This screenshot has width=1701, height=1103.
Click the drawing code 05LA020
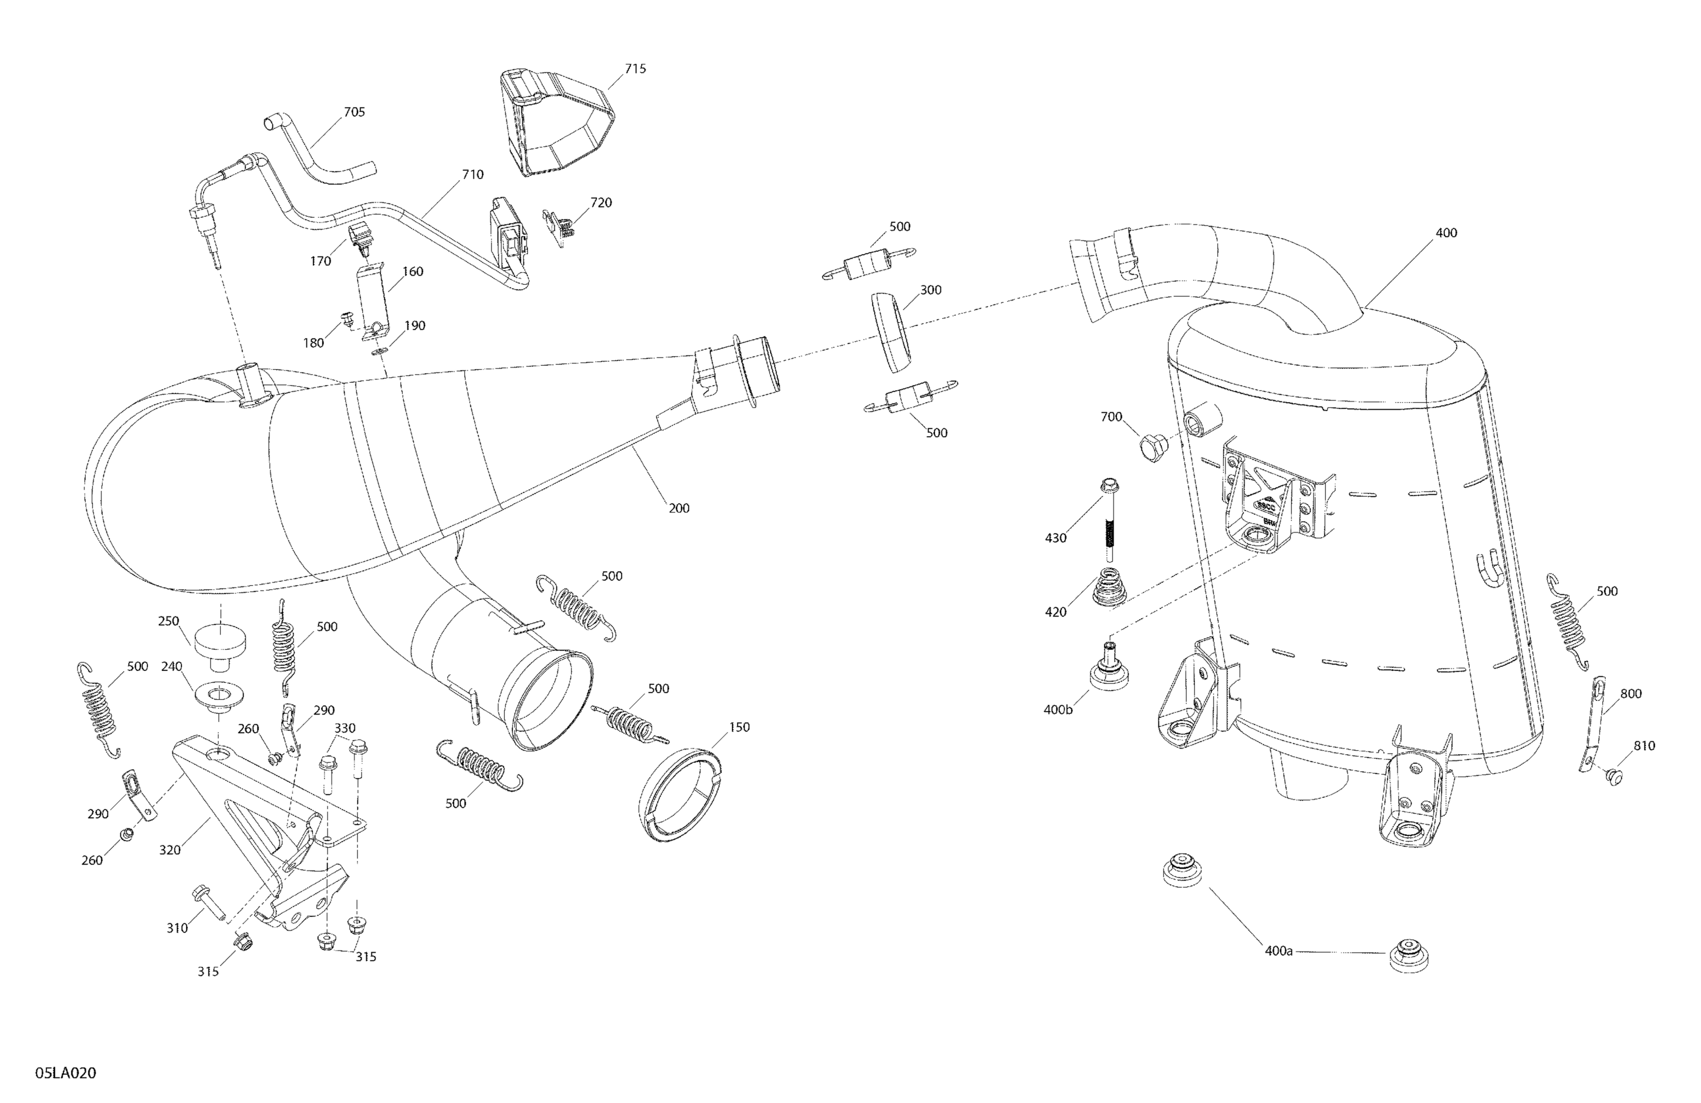[65, 1073]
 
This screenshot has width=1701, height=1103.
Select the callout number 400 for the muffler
[1445, 233]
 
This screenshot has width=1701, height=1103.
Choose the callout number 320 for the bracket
[170, 850]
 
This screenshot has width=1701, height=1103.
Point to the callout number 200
[678, 508]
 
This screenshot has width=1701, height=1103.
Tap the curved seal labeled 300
[891, 332]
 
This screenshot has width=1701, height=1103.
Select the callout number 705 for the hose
[354, 112]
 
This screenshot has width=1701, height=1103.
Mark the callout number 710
[472, 175]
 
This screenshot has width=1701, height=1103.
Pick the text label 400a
[1278, 952]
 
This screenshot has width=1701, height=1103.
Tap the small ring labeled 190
[379, 351]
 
